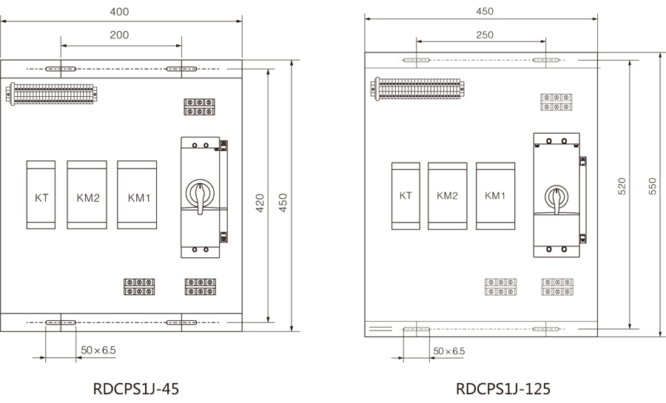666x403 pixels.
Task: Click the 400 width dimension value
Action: (x=119, y=12)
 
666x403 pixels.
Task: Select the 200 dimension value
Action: (x=119, y=35)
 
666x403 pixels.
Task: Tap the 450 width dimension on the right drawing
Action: (x=484, y=11)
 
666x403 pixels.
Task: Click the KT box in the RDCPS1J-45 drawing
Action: (x=41, y=195)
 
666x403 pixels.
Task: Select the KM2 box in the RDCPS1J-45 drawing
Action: (x=87, y=195)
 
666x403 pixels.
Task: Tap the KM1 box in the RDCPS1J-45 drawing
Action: (x=138, y=195)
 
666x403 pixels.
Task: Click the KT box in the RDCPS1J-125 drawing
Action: (x=406, y=196)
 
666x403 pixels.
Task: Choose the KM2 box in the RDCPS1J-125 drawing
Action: (x=447, y=196)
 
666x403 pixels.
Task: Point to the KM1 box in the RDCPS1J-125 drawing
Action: (x=495, y=196)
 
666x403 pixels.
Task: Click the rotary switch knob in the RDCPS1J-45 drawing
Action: (x=200, y=193)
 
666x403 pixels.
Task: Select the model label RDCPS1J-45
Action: (x=137, y=388)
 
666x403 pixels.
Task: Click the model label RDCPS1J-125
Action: (x=503, y=388)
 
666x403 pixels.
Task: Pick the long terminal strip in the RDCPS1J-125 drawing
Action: (x=418, y=89)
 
